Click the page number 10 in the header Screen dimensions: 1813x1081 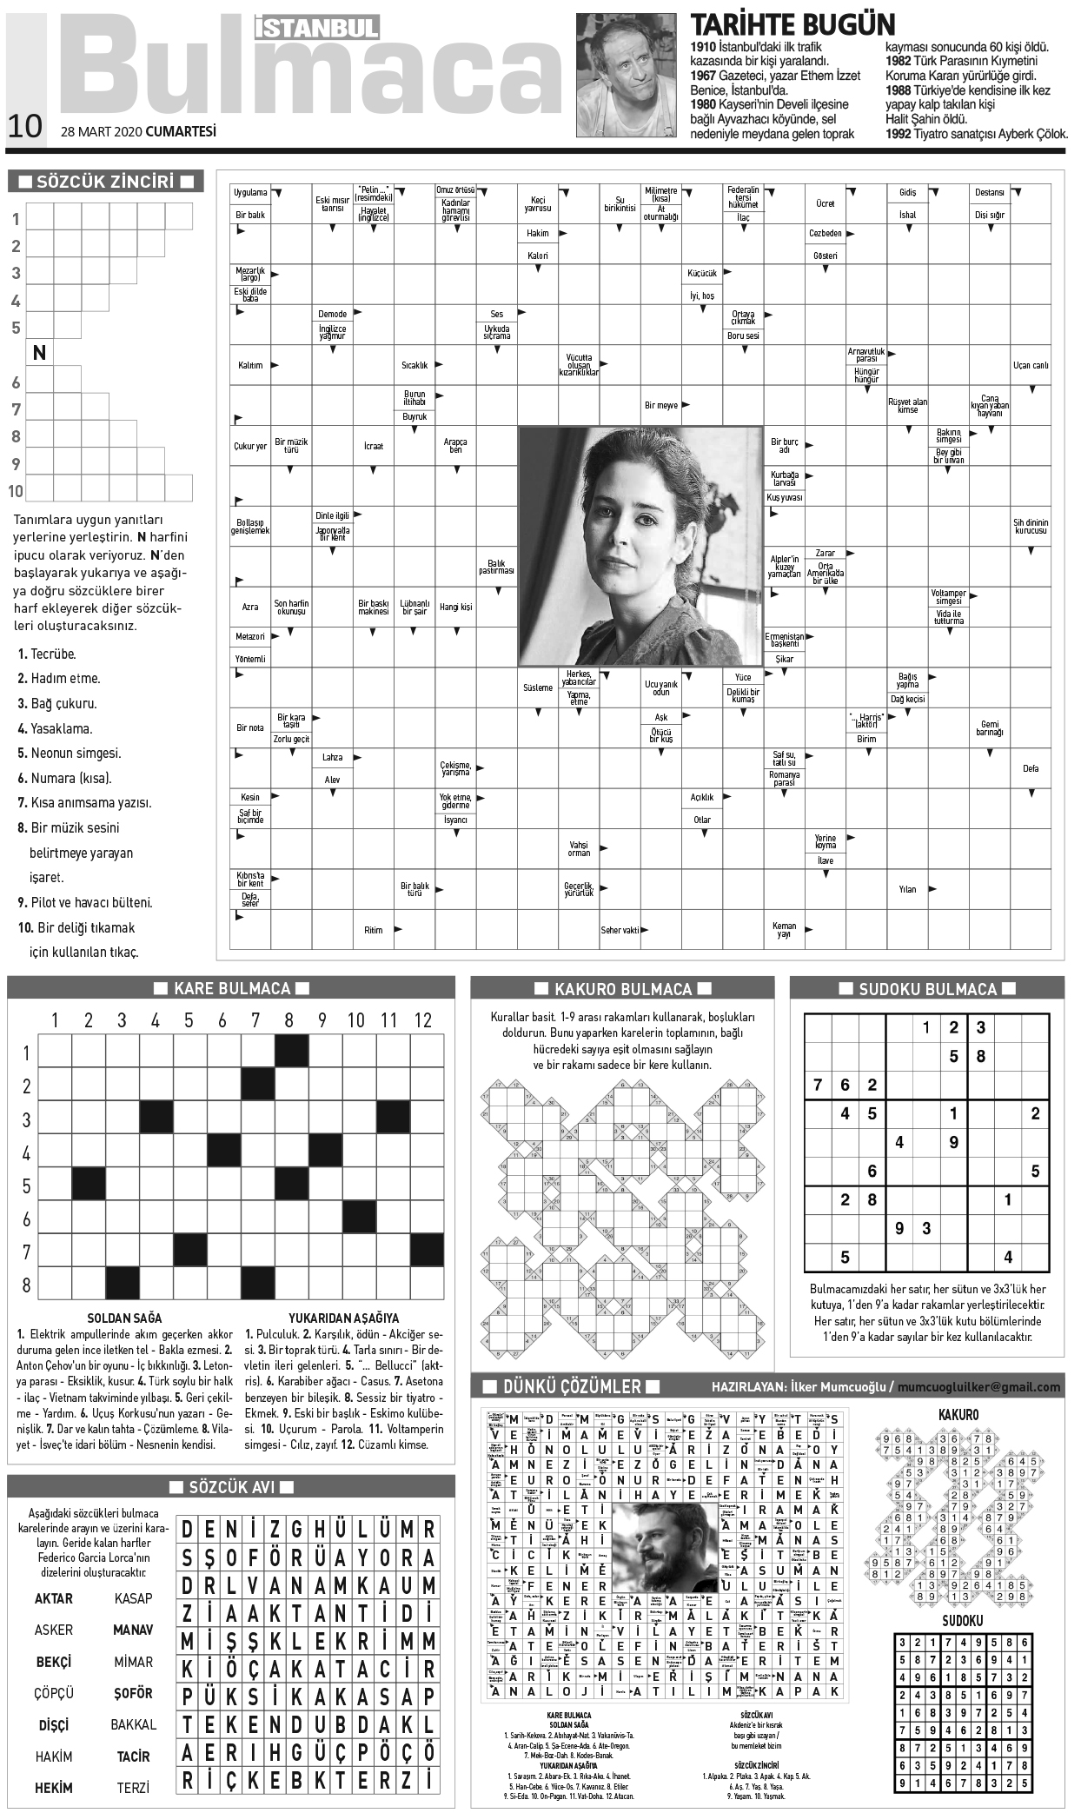24,126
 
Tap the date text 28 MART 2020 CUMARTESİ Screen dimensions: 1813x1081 138,131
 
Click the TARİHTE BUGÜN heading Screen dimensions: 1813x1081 792,24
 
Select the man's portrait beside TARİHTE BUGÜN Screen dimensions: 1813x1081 627,75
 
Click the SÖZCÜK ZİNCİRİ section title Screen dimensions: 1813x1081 106,182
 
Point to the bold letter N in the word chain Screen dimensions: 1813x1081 39,353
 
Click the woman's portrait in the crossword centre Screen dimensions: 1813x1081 640,546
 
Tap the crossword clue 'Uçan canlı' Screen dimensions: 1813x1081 1030,365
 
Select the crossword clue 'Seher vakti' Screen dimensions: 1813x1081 620,930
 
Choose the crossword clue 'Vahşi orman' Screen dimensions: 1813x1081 579,848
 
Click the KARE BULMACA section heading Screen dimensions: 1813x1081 231,988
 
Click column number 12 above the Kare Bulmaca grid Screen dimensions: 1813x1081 422,1020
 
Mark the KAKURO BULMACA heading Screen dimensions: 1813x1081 622,989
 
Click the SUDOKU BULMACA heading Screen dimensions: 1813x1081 927,989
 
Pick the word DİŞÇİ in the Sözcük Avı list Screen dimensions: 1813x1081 54,1724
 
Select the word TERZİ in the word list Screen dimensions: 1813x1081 133,1788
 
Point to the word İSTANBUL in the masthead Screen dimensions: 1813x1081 317,28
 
